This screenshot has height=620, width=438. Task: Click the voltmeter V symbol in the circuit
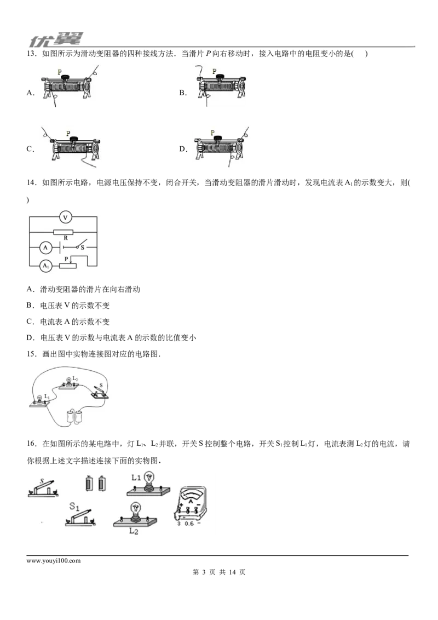pos(66,217)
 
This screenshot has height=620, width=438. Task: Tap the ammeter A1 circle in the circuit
pos(46,266)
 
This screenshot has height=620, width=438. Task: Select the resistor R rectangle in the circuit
pos(64,232)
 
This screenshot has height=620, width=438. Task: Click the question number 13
pos(31,54)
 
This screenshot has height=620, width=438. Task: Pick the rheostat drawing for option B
pos(221,86)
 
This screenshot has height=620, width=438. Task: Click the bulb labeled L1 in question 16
pos(148,484)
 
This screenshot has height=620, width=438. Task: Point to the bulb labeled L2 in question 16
pos(135,515)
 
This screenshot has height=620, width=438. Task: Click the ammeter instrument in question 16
pos(191,503)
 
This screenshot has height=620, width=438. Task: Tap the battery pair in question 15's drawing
pos(74,417)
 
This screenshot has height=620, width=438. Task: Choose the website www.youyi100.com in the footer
pos(53,561)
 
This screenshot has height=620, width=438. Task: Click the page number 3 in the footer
pos(204,572)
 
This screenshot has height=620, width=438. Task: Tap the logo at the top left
pos(56,39)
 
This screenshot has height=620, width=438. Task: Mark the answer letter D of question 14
pos(30,338)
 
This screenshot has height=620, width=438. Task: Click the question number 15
pos(31,354)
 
